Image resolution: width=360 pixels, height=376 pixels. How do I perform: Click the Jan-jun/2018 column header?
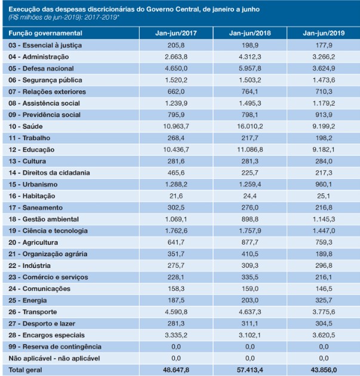250,33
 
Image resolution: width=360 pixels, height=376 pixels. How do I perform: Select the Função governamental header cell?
45,33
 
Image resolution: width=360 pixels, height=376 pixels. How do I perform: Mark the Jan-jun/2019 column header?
324,33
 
